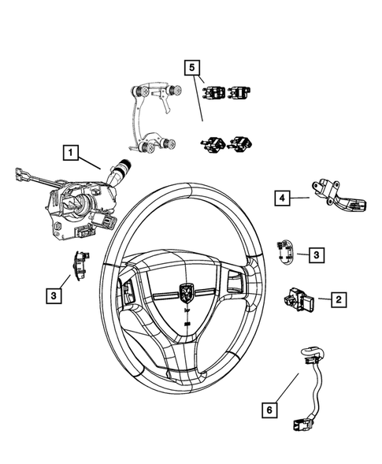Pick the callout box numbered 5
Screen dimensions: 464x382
coord(191,67)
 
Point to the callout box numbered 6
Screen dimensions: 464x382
coord(269,409)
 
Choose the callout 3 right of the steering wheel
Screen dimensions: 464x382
coord(314,254)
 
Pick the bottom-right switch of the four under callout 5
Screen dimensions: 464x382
coord(236,143)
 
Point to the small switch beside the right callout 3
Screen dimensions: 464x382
coord(286,251)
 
